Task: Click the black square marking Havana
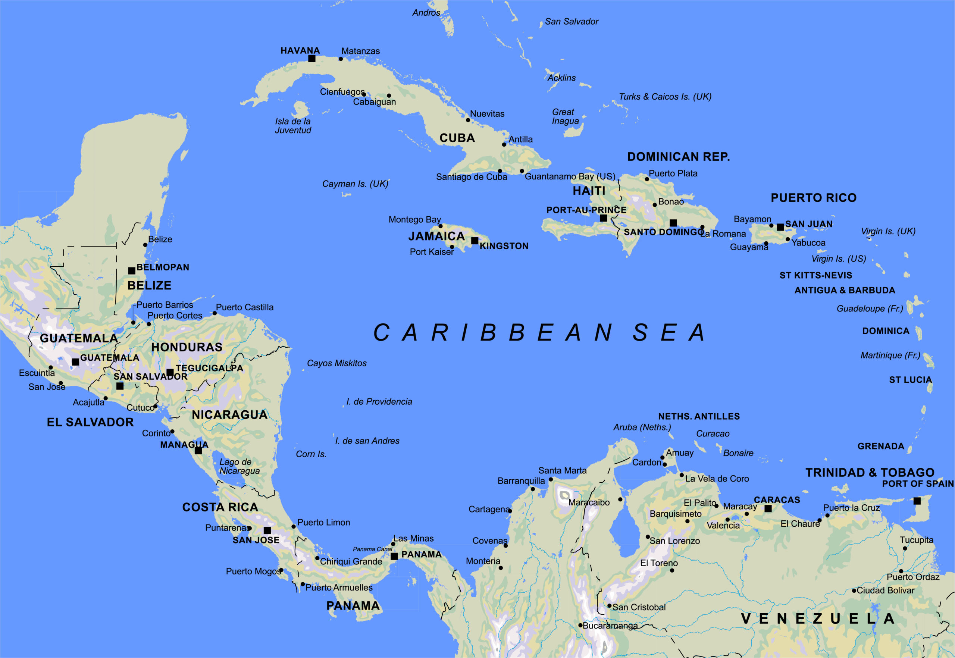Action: pyautogui.click(x=312, y=59)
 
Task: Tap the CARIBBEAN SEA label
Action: pyautogui.click(x=539, y=332)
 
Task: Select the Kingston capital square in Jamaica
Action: pyautogui.click(x=475, y=240)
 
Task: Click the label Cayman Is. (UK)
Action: pyautogui.click(x=355, y=184)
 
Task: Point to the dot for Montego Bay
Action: pyautogui.click(x=441, y=226)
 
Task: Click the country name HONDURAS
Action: pyautogui.click(x=187, y=347)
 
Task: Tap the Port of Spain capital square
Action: pyautogui.click(x=917, y=501)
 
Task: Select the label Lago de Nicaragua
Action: pyautogui.click(x=239, y=466)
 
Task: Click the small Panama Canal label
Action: pyautogui.click(x=372, y=549)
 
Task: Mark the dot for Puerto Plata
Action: pyautogui.click(x=646, y=179)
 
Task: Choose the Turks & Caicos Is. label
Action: pyautogui.click(x=665, y=97)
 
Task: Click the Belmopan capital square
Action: pyautogui.click(x=132, y=271)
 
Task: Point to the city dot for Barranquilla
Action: pyautogui.click(x=532, y=489)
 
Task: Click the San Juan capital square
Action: pyautogui.click(x=780, y=227)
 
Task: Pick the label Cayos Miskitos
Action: pyautogui.click(x=336, y=363)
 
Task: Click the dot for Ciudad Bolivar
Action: pyautogui.click(x=854, y=590)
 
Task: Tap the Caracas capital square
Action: pyautogui.click(x=768, y=509)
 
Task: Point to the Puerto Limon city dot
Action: pyautogui.click(x=294, y=526)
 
